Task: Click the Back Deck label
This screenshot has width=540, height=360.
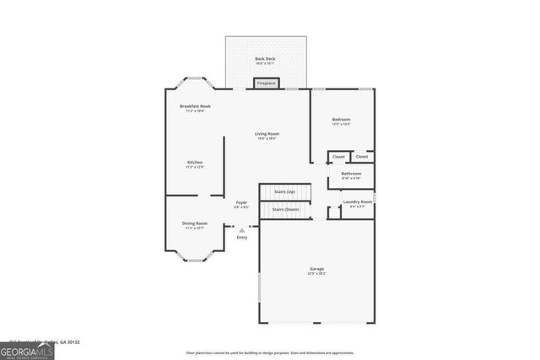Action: coord(266,58)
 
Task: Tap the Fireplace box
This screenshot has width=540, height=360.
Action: coord(266,83)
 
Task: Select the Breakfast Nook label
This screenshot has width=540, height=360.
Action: coord(195,106)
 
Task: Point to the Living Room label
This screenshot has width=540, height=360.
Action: coord(267,133)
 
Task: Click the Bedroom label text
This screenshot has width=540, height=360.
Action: coord(341,120)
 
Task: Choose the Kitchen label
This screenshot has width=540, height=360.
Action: coord(195,162)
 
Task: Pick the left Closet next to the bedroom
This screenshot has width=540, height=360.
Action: coord(338,157)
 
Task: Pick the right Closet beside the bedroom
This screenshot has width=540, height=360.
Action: coord(362,157)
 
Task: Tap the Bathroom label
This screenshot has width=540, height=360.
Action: coord(351,174)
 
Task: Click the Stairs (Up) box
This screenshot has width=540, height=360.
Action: coord(285,192)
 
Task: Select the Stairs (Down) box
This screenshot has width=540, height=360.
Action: coord(285,209)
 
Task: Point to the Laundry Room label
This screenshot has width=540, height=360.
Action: coord(358,201)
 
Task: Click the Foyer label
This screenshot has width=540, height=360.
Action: coord(241,202)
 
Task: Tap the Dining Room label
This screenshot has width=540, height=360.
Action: coord(195,223)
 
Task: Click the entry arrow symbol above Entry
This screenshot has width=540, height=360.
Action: coord(242,229)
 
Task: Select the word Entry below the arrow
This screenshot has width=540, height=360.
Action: coord(242,237)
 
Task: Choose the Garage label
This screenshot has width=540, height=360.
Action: coord(316,269)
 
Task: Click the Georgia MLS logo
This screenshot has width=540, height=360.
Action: coord(27,351)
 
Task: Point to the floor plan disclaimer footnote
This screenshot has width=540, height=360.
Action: coord(270,352)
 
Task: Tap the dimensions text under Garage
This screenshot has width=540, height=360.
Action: coord(316,274)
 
